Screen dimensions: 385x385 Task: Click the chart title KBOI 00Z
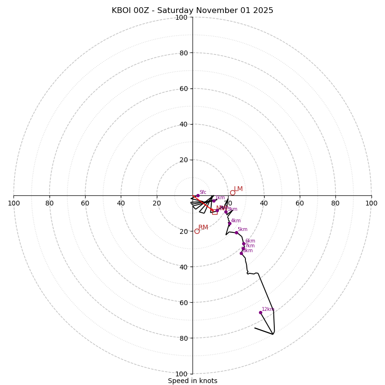coord(192,11)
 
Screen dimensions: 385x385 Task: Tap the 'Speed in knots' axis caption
coord(192,381)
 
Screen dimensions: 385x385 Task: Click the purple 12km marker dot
coord(260,312)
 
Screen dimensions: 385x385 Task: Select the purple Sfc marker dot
coord(197,196)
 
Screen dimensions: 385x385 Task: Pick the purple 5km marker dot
coord(236,232)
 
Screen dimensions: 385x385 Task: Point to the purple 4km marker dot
coord(230,223)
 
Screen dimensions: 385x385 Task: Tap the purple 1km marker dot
coord(214,201)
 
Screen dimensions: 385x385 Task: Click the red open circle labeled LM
coord(232,192)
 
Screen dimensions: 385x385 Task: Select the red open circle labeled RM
coord(197,231)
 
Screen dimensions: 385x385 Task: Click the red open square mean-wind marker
coord(215,212)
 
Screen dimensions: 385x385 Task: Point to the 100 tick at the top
coord(181,17)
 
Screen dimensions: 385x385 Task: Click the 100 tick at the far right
coord(371,203)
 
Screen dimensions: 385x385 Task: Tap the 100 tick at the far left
coord(14,203)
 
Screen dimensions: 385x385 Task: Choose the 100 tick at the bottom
coord(181,374)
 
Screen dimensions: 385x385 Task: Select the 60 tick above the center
coord(183,89)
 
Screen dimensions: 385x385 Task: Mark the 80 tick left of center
coord(50,203)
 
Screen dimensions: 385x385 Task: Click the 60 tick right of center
coord(300,203)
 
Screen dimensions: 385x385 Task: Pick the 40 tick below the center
coord(183,267)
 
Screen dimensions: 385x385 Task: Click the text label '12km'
coord(268,309)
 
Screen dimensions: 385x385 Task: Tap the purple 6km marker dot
coord(244,244)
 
